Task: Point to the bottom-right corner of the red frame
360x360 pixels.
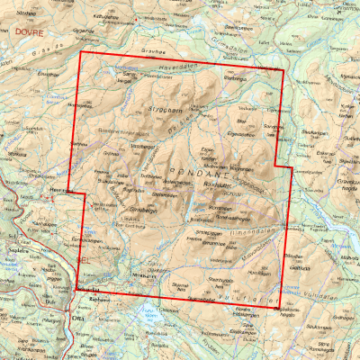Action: coord(279,306)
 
